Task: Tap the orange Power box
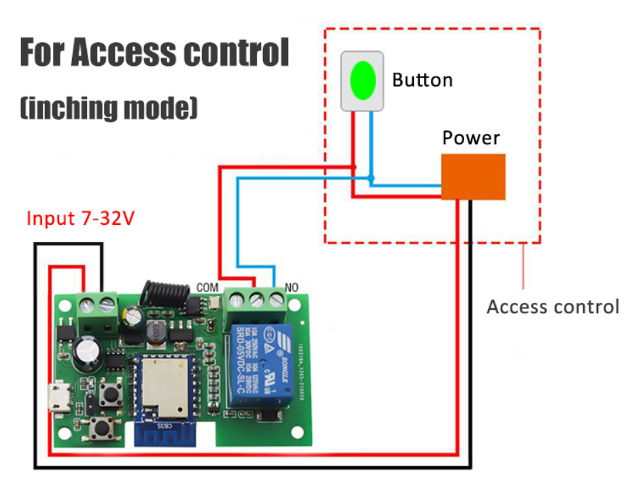click(x=473, y=177)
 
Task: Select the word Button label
click(x=422, y=80)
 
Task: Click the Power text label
click(x=471, y=138)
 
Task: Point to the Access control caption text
click(x=552, y=307)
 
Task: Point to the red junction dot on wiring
click(x=354, y=167)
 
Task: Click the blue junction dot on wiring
click(x=370, y=179)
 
